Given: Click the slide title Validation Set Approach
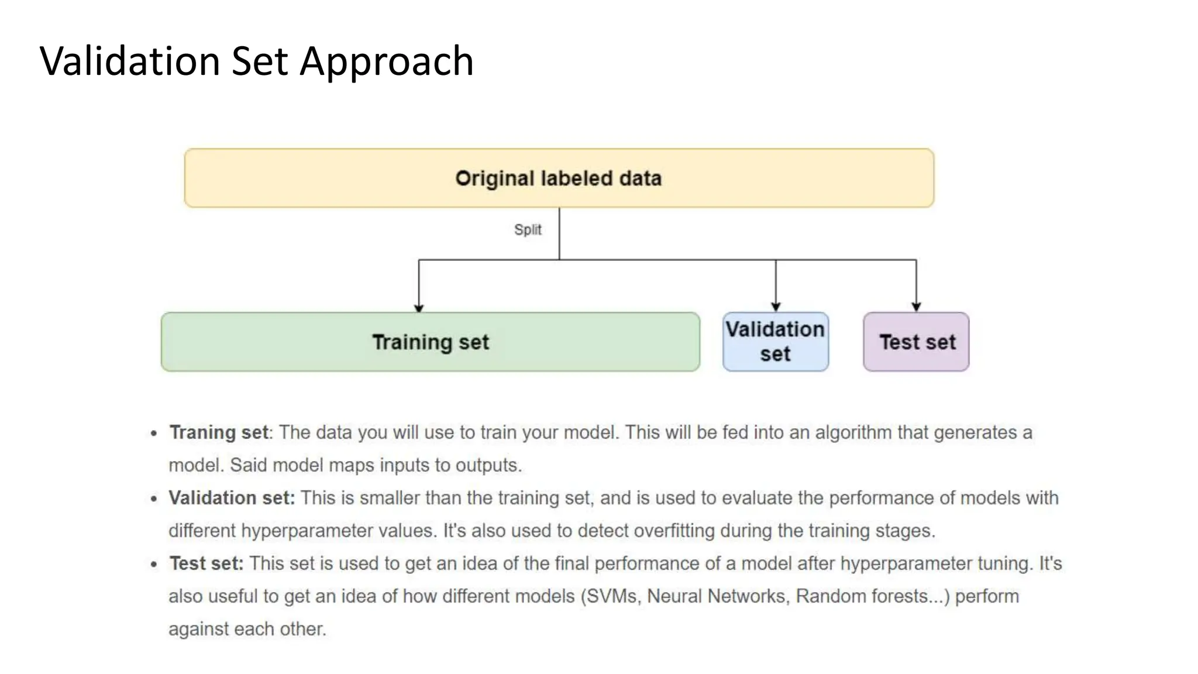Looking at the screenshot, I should point(256,61).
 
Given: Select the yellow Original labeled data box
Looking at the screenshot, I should point(559,178).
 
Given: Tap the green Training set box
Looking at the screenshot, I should point(431,342).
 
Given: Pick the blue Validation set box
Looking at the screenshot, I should point(775,342).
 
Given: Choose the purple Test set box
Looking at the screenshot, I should point(916,342).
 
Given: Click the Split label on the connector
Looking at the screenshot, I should point(528,229).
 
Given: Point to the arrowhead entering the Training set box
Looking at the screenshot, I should point(419,308).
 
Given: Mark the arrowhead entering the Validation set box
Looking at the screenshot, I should point(776,307).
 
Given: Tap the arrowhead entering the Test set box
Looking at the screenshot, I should point(916,307).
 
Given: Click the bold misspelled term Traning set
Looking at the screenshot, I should point(219,432).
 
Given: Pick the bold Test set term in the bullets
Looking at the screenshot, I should point(206,563).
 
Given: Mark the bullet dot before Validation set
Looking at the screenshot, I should point(154,499).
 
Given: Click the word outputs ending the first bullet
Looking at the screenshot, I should point(488,465).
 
